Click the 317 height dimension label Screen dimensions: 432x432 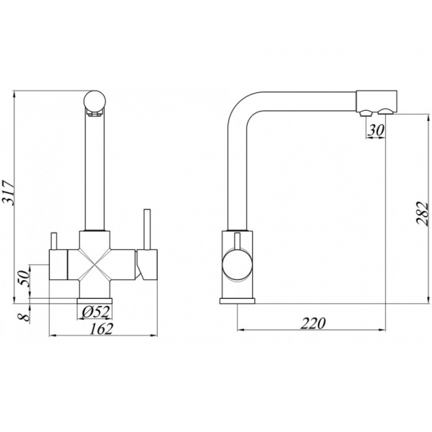[8, 193]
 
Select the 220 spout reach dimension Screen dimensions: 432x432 [313, 323]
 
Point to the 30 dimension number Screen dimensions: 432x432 [376, 130]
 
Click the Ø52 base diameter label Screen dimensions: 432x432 [96, 312]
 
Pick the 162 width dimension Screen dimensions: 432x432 [101, 329]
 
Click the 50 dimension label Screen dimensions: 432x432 [24, 278]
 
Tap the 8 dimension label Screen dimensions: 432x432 [24, 317]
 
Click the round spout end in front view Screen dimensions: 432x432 [94, 101]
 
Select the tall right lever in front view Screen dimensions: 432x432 [146, 230]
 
